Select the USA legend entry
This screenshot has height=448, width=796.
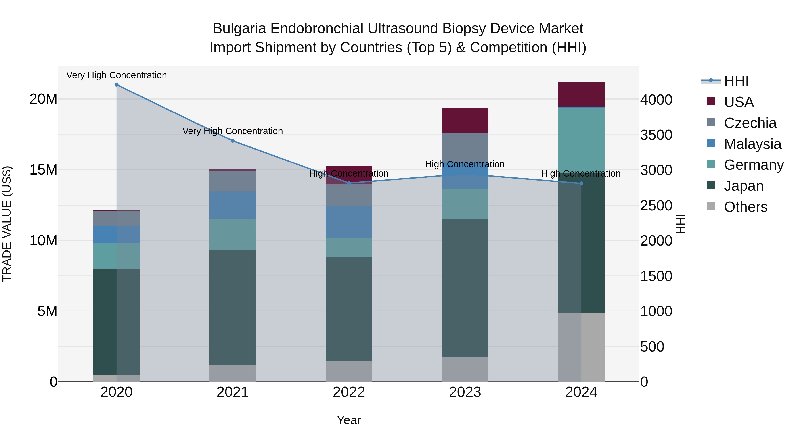pyautogui.click(x=739, y=102)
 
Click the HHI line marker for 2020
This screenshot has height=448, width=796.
pyautogui.click(x=117, y=85)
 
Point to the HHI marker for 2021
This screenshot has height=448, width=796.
pyautogui.click(x=233, y=141)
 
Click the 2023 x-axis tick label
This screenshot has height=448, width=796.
pyautogui.click(x=465, y=392)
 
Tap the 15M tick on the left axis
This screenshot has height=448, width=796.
pyautogui.click(x=43, y=170)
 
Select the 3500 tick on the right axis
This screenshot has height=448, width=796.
pyautogui.click(x=656, y=135)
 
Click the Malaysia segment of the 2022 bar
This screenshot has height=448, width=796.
pyautogui.click(x=349, y=222)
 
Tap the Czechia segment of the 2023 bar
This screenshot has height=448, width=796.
pyautogui.click(x=465, y=145)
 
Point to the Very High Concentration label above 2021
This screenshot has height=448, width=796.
pyautogui.click(x=233, y=131)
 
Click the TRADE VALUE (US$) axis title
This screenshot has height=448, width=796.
pyautogui.click(x=7, y=224)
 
